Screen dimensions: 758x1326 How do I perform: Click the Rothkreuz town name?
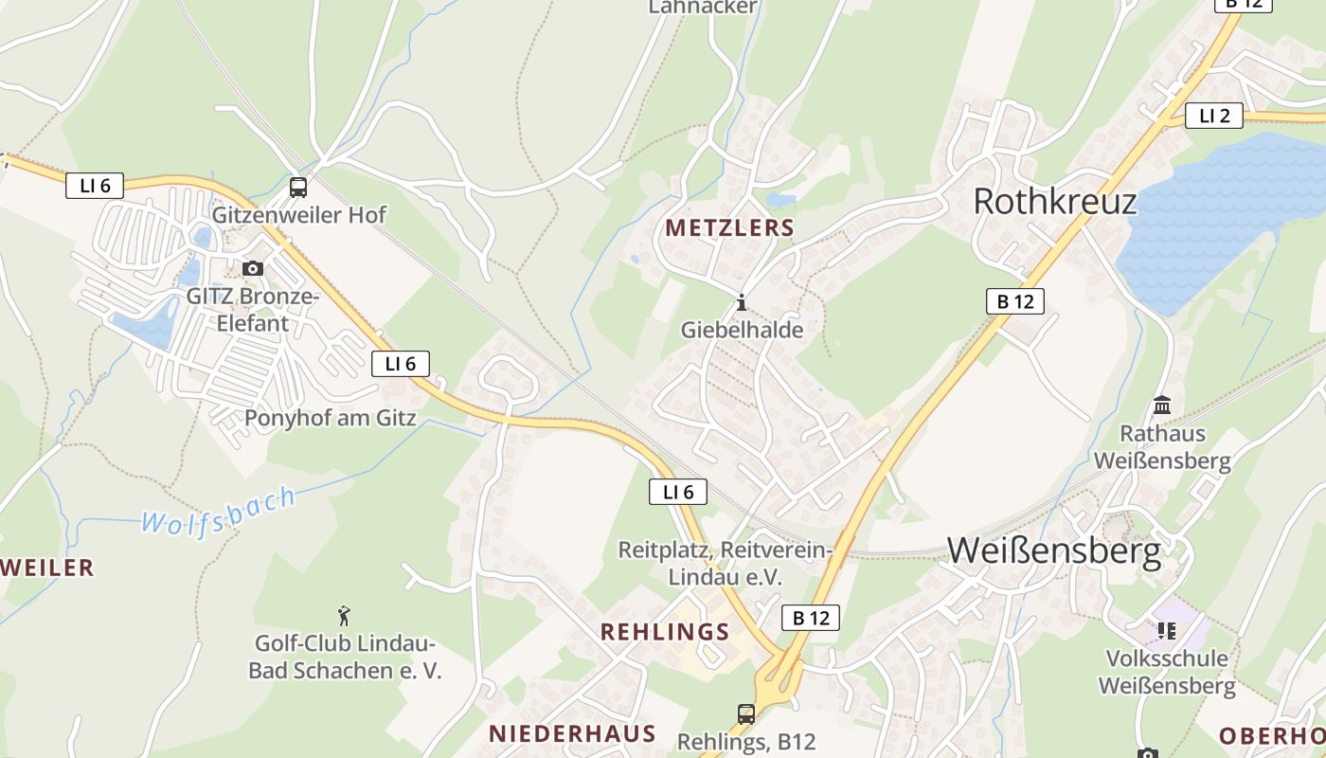coord(1054,201)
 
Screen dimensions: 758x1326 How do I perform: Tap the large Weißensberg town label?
coord(1053,550)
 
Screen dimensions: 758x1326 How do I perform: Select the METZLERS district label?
coord(729,228)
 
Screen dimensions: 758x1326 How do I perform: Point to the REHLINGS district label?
coord(665,632)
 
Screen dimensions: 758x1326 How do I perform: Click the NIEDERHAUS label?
coord(572,733)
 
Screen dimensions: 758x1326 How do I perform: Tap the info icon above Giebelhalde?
coord(741,303)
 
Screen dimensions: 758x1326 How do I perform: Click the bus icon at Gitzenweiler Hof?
coord(298,187)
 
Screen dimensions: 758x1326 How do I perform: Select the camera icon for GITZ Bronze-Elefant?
coord(253,269)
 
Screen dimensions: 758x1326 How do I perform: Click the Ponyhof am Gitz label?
coord(331,418)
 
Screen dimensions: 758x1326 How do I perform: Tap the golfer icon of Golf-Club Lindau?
coord(344,616)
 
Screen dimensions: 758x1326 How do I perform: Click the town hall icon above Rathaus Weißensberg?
coord(1162,406)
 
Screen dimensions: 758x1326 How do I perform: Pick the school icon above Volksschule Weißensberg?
coord(1166,630)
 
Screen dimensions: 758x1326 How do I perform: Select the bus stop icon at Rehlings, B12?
coord(746,713)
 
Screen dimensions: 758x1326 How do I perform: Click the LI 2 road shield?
coord(1213,116)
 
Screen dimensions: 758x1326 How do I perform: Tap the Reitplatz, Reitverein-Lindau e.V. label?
coord(725,564)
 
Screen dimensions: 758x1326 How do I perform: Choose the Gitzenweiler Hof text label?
coord(298,215)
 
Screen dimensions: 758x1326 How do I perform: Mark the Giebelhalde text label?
coord(742,330)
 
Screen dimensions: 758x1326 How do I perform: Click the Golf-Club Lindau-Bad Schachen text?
coord(345,658)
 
